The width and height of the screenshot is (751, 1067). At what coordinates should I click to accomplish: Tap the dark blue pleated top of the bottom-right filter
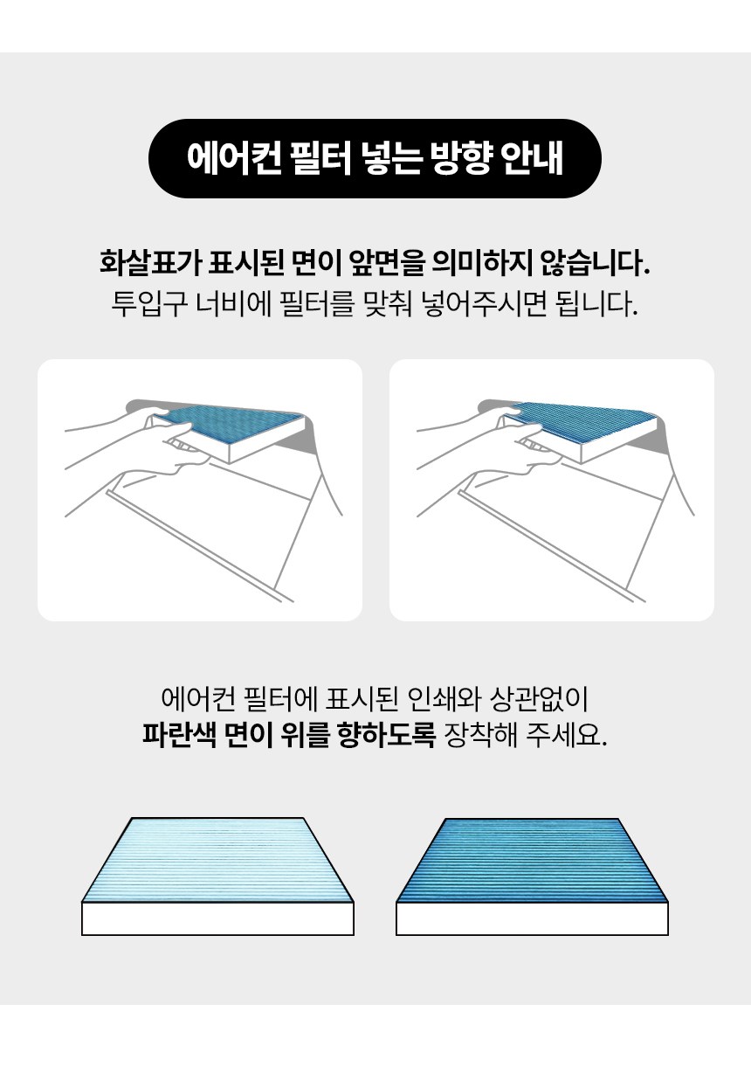point(532,860)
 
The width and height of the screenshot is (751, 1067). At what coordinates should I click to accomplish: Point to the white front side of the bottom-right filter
point(532,918)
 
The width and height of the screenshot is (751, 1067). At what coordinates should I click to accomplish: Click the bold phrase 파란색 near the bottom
point(179,736)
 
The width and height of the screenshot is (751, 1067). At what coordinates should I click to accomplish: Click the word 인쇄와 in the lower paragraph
point(444,699)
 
